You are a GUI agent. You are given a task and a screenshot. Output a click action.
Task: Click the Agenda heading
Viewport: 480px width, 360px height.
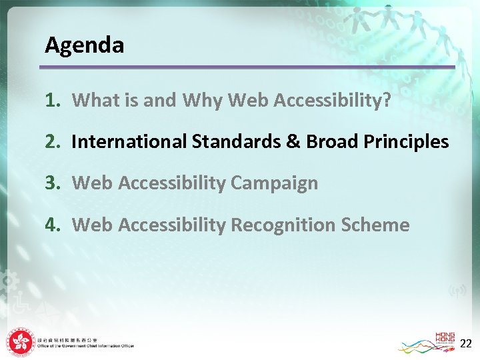(x=84, y=45)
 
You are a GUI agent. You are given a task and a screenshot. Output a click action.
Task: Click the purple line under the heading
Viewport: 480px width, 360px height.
(x=247, y=67)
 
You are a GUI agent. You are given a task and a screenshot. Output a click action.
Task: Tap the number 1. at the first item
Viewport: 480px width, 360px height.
(x=53, y=100)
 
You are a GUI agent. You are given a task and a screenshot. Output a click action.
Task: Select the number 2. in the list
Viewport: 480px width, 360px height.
(x=53, y=141)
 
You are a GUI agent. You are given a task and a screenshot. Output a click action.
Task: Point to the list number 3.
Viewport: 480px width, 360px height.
(x=53, y=183)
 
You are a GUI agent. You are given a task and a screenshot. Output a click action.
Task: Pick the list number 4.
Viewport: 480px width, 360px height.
(x=53, y=225)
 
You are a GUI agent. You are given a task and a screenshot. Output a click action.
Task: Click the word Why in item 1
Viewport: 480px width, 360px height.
(x=202, y=100)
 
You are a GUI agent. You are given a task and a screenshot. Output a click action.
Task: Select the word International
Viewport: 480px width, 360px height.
(x=129, y=141)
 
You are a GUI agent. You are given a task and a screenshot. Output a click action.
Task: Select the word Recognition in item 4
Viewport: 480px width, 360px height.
(x=284, y=225)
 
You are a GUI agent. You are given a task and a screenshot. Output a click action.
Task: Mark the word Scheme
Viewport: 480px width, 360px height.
(x=376, y=225)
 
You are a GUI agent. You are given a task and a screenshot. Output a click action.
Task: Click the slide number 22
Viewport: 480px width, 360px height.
(x=466, y=343)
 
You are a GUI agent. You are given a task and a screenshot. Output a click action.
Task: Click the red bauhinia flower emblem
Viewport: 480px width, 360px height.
(x=20, y=343)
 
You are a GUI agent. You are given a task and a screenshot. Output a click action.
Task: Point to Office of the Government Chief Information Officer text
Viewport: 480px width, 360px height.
(x=85, y=346)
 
